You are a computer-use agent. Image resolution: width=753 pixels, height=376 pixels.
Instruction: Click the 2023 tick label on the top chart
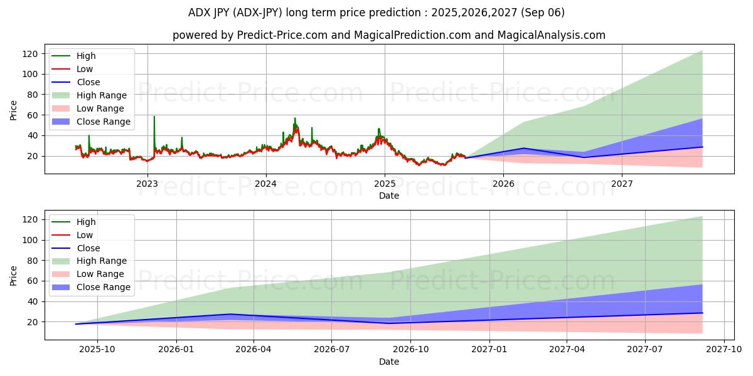tap(147, 184)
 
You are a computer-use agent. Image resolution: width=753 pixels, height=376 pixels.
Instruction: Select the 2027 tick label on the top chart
tap(622, 184)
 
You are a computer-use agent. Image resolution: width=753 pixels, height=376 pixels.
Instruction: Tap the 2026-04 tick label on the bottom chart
tap(254, 350)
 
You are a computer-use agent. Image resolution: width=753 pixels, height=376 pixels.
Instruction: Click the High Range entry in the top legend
tap(101, 95)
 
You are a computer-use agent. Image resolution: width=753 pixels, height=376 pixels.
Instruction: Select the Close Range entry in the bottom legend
tap(103, 287)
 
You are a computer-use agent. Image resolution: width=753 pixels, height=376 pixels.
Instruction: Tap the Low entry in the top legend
tap(85, 69)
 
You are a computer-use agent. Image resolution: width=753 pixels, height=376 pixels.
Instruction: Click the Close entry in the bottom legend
tap(88, 248)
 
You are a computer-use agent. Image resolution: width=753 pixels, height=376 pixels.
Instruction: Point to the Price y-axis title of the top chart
tap(14, 110)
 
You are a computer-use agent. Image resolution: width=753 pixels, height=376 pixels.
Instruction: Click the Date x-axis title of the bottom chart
tap(389, 362)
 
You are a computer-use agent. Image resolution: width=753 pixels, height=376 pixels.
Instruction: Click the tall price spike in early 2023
tap(154, 117)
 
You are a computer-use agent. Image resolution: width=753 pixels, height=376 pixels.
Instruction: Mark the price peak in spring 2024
tap(295, 118)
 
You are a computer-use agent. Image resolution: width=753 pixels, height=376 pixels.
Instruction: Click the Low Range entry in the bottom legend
tap(101, 274)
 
